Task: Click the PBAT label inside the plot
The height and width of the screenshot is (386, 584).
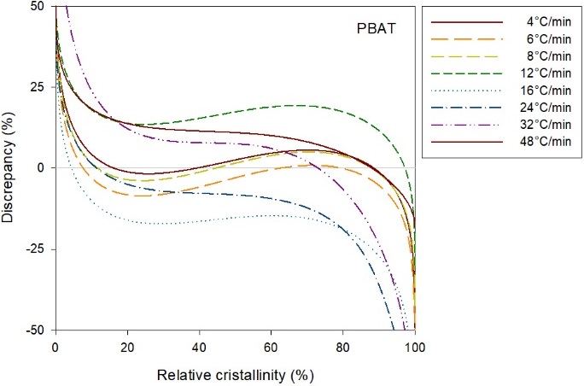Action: point(373,28)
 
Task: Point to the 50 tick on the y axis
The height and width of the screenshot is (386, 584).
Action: point(38,6)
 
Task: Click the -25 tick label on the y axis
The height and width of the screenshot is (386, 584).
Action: point(36,249)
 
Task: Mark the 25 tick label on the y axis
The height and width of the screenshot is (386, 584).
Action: point(38,87)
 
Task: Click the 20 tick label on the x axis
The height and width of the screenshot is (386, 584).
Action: point(127,348)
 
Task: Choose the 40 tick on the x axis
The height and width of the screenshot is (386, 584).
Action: point(200,348)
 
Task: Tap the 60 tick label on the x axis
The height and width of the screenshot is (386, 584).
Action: point(272,348)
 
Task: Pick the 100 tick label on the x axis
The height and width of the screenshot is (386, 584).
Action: point(415,348)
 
